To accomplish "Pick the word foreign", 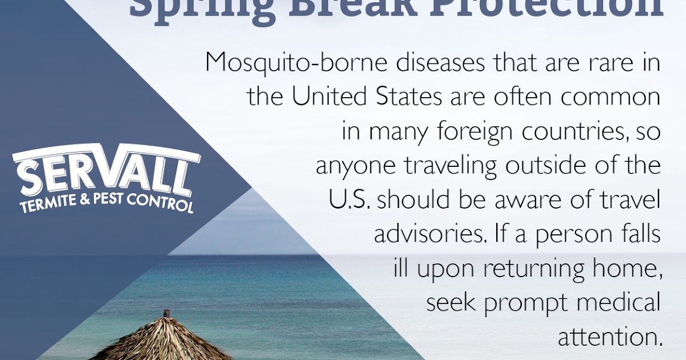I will [471, 133].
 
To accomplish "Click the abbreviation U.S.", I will [349, 200].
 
